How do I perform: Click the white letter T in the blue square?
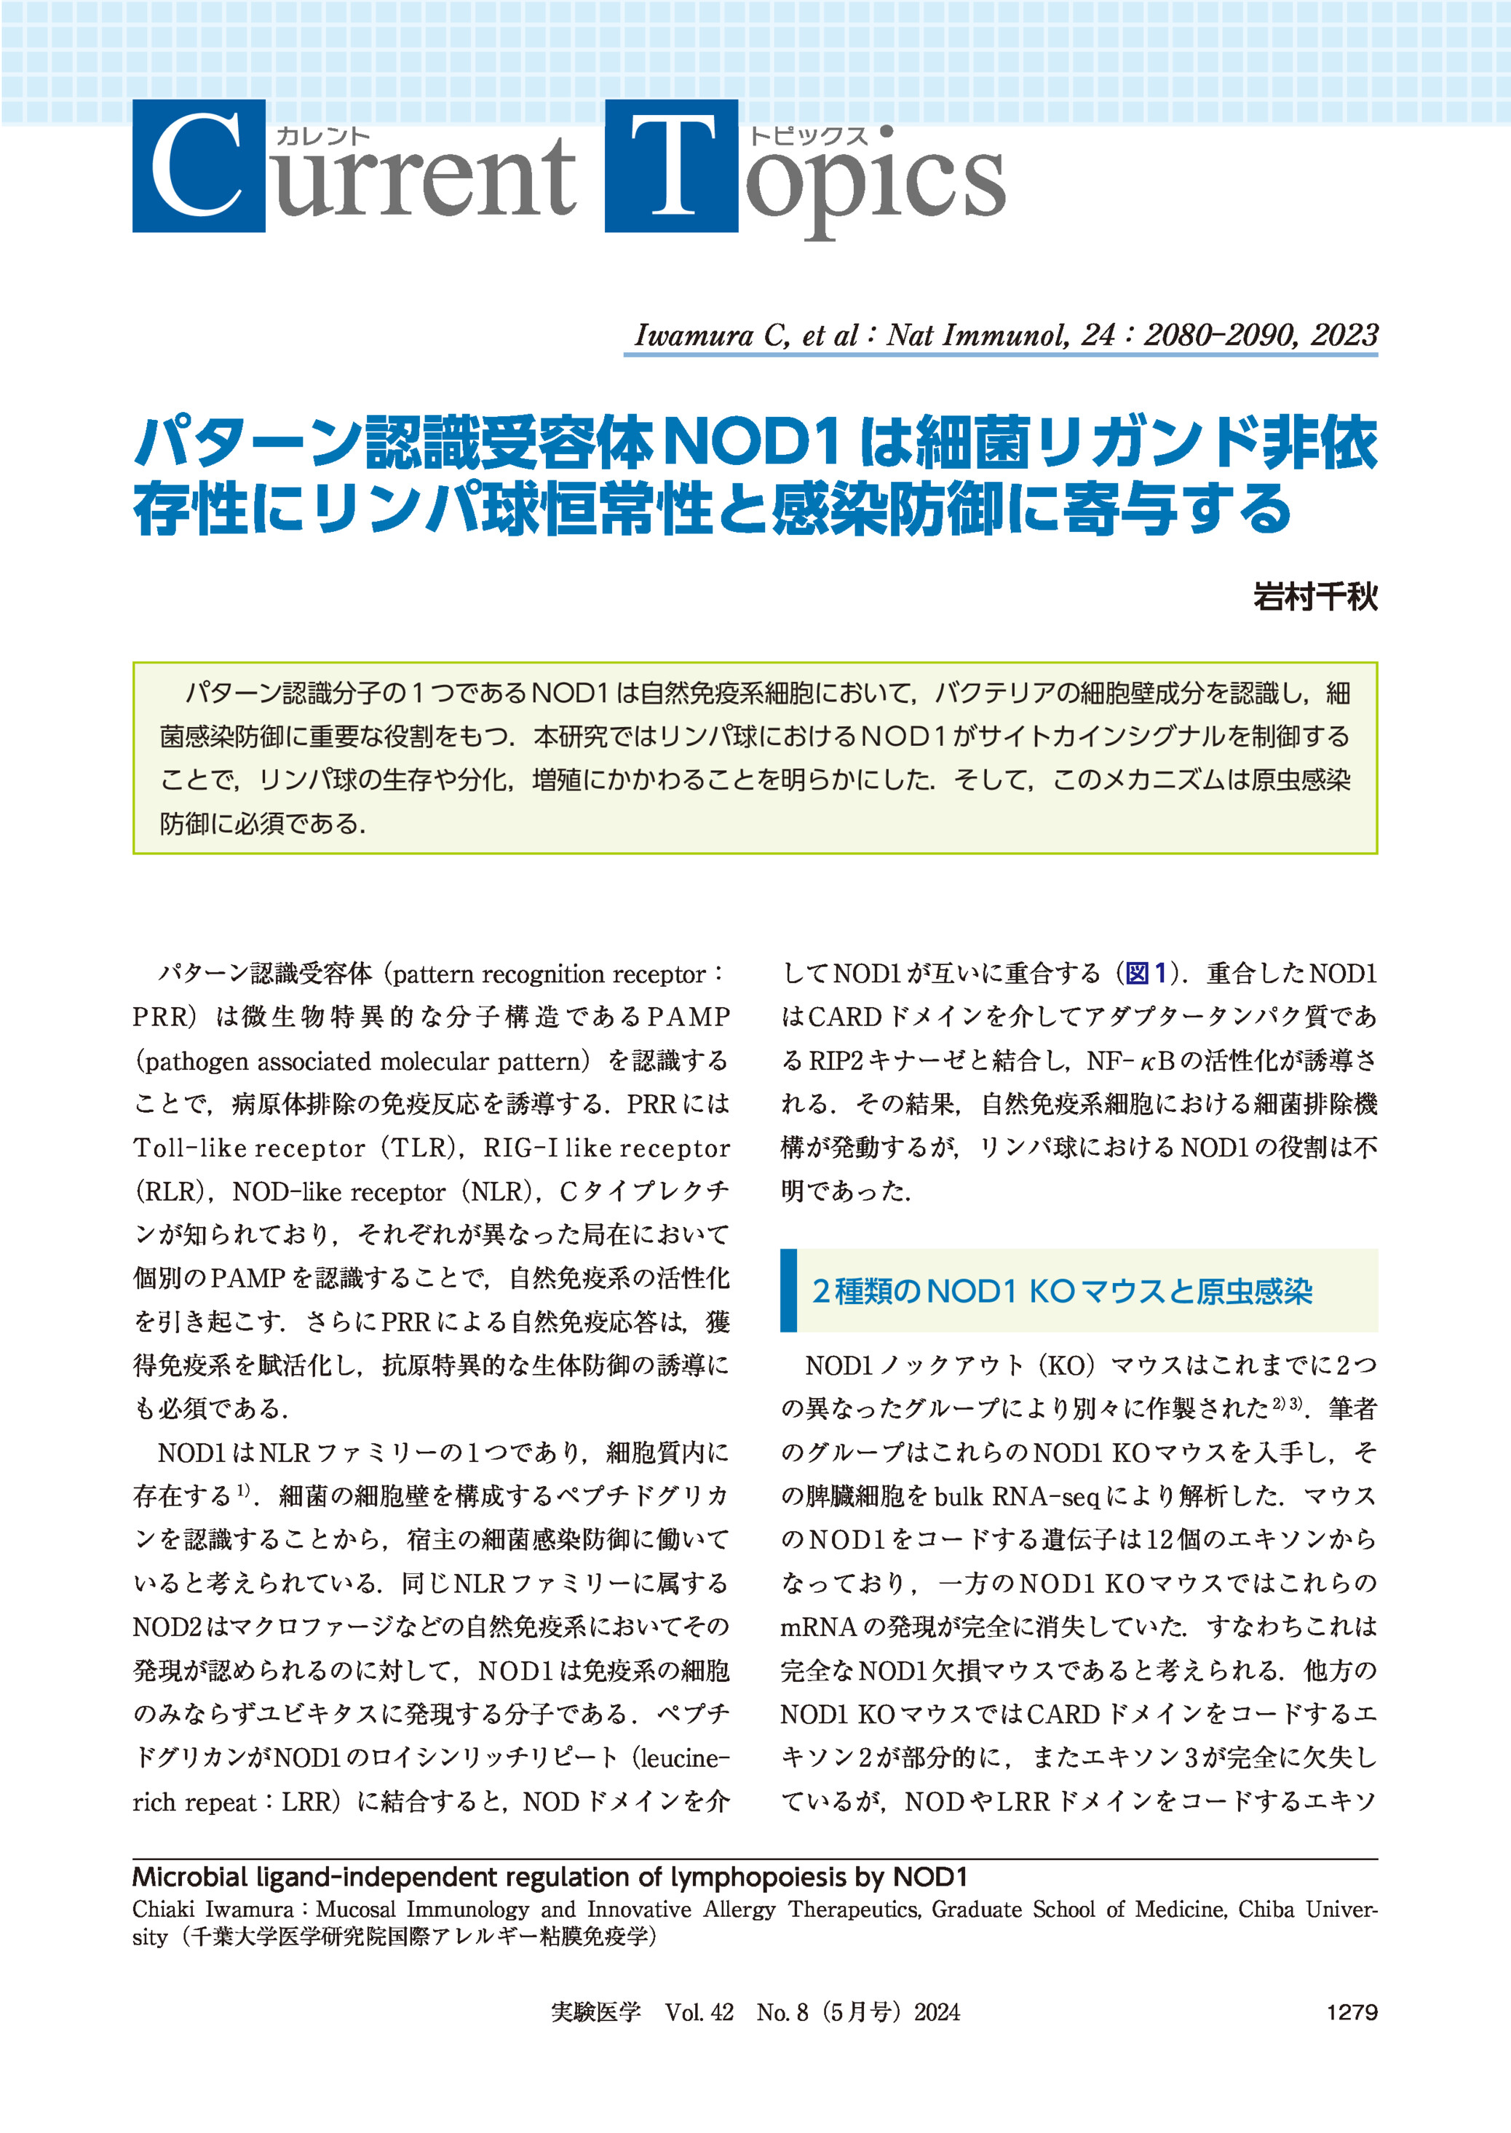click(671, 167)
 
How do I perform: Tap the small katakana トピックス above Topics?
click(809, 137)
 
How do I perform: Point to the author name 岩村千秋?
click(1314, 596)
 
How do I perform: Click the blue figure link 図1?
click(1146, 974)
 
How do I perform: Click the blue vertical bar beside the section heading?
click(788, 1290)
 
